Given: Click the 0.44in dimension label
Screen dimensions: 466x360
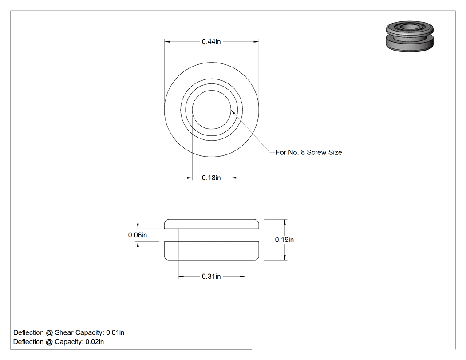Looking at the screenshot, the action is [211, 42].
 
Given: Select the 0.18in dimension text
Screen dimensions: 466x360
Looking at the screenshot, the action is [211, 178].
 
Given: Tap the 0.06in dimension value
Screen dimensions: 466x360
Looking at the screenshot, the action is [138, 235].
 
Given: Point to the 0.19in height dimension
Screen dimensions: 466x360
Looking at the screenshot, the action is [284, 240].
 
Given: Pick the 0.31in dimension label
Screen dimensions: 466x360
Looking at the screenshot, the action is [211, 277].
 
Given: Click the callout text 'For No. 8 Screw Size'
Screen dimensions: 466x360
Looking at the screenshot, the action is [309, 152].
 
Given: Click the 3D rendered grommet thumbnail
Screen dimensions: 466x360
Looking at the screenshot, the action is [410, 36].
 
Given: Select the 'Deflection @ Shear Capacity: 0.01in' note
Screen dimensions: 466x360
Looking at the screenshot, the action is [69, 332].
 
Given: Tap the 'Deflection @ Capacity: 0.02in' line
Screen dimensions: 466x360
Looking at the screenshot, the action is [59, 342].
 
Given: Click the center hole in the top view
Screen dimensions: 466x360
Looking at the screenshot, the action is [211, 110].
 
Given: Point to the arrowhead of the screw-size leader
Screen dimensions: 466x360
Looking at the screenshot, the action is [233, 112].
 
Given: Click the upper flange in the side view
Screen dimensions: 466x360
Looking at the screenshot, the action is [212, 224].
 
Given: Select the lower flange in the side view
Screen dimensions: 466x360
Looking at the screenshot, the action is [212, 251].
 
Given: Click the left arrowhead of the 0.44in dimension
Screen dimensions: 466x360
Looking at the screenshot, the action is [167, 42].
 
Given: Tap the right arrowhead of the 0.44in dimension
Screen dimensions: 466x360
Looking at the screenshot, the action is [256, 42].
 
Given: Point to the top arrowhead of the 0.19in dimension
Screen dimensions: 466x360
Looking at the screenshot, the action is [285, 222].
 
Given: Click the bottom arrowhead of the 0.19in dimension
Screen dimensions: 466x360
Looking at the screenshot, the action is [285, 257].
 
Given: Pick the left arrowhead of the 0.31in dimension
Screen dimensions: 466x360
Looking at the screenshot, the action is [181, 277].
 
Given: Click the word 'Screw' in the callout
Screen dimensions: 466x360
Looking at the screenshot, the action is [316, 152].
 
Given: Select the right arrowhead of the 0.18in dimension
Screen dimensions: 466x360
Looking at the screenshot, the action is [233, 178].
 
